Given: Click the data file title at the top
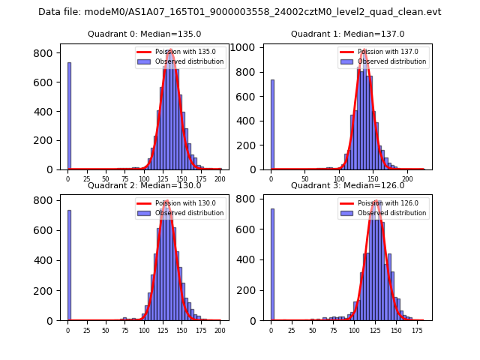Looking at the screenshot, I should coord(240,12).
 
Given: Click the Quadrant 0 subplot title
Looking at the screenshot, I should coord(145,34).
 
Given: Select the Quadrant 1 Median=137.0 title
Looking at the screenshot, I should coord(347,34).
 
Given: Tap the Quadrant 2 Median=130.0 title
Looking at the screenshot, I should coord(145,185).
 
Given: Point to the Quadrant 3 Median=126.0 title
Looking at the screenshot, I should coord(347,185).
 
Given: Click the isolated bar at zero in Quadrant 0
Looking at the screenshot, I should coord(69,116).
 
